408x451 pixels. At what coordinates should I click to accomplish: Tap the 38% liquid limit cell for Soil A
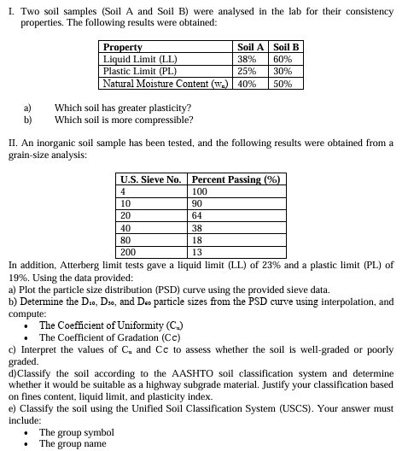tap(247, 60)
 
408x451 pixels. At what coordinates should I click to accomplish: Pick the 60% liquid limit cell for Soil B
tap(283, 60)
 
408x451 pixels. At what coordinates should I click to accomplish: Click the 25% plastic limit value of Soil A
tap(247, 72)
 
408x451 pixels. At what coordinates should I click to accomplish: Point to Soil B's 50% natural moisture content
tap(283, 84)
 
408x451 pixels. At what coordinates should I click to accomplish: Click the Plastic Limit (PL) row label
tap(140, 72)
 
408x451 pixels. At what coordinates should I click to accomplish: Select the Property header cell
tap(123, 49)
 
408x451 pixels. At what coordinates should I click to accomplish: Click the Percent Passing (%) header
tap(236, 179)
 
